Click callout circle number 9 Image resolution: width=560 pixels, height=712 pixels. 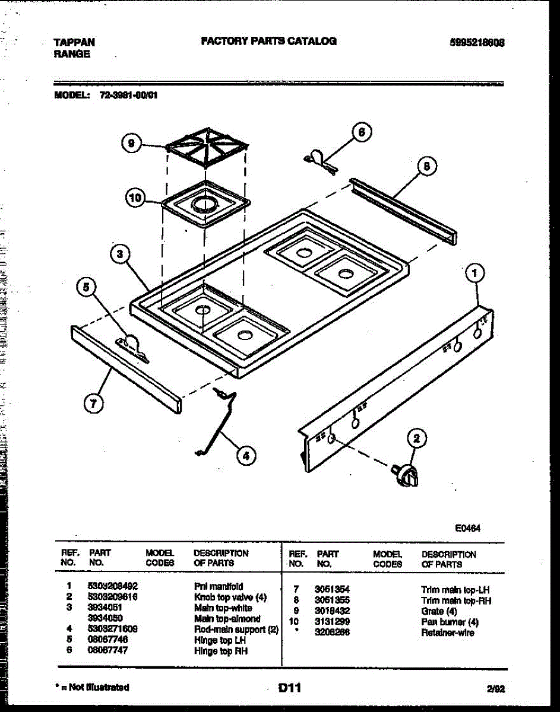pyautogui.click(x=131, y=142)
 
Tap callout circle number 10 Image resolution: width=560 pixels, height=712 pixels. pyautogui.click(x=137, y=198)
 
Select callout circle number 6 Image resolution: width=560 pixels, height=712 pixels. pyautogui.click(x=362, y=132)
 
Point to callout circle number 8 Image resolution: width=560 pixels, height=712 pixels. pyautogui.click(x=426, y=167)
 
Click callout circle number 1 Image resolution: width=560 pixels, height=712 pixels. pyautogui.click(x=474, y=274)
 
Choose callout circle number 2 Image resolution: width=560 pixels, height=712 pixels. pyautogui.click(x=417, y=439)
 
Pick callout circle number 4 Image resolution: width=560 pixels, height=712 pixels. pyautogui.click(x=245, y=456)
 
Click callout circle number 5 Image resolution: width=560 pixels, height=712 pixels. pyautogui.click(x=87, y=288)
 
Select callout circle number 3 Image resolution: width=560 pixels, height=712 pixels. pyautogui.click(x=121, y=255)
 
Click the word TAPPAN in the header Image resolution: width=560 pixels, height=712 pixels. pyautogui.click(x=74, y=43)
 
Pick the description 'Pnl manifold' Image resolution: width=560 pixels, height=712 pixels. pyautogui.click(x=219, y=586)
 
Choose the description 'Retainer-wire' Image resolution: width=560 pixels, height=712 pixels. pyautogui.click(x=447, y=632)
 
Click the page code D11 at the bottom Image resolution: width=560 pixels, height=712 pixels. pyautogui.click(x=290, y=688)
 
